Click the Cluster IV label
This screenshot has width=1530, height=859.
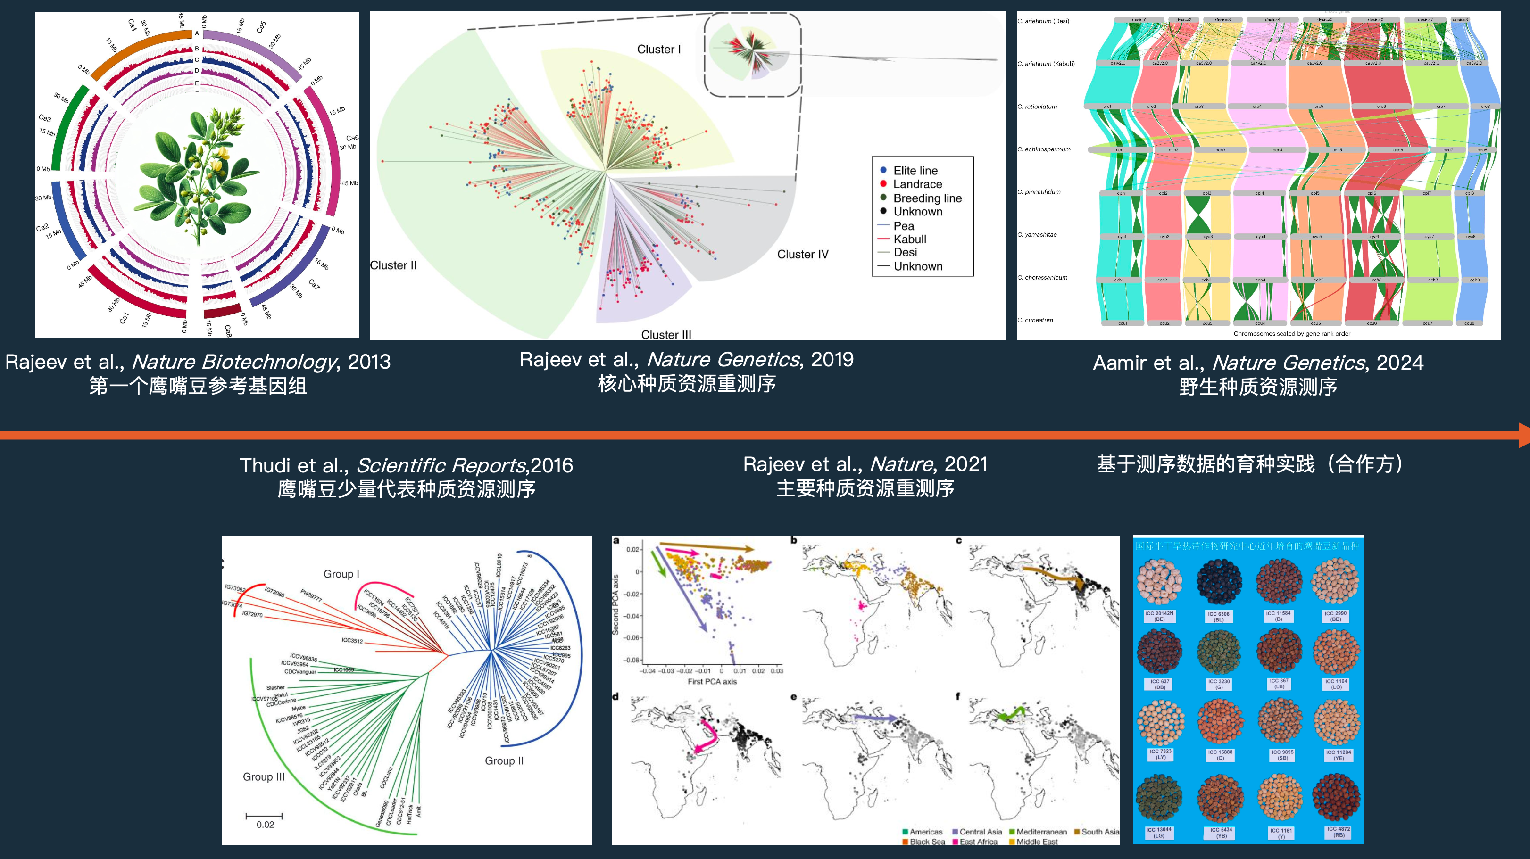click(802, 255)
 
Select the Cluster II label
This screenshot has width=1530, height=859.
click(393, 265)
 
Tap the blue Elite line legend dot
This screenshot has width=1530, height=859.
click(883, 170)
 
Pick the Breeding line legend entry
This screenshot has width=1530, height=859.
click(927, 198)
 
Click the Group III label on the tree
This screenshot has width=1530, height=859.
click(263, 777)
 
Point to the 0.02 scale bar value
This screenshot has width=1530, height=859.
click(265, 825)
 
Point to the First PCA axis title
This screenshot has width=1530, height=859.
click(712, 682)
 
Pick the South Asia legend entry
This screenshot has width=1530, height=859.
click(1099, 832)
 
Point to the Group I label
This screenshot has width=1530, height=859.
click(341, 574)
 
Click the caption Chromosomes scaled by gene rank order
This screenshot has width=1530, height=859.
click(1291, 334)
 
